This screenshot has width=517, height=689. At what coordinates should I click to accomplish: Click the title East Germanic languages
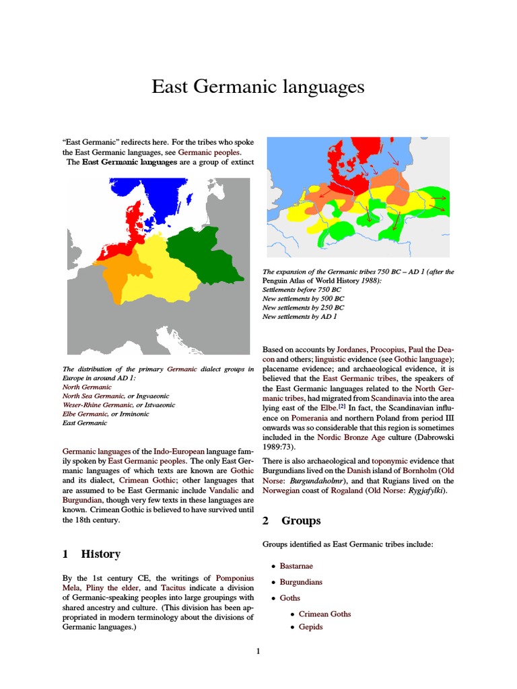258,87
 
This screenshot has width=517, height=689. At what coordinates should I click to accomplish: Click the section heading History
100,554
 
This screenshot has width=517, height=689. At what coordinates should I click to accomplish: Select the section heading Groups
300,521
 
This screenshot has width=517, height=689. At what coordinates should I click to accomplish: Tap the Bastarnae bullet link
296,566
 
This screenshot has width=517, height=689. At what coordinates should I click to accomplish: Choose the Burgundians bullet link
301,582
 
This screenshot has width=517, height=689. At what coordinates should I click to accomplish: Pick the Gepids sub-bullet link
310,627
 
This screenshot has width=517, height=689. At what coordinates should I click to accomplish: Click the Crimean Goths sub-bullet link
324,614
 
